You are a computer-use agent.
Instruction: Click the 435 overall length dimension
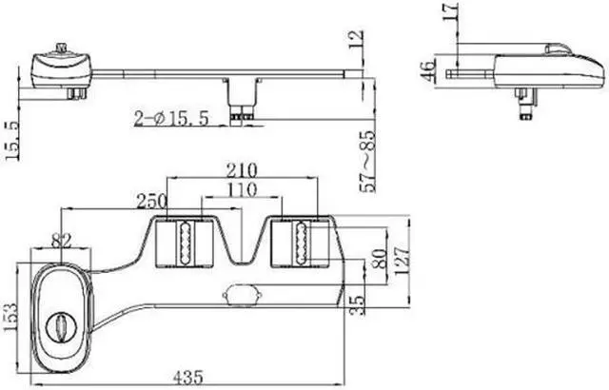click(188, 378)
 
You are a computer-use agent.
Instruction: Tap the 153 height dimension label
click(10, 317)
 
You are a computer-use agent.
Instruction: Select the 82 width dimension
click(62, 242)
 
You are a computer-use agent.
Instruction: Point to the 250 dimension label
click(152, 201)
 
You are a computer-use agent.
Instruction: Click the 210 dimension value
click(242, 170)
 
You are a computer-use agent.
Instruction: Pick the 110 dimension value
click(242, 189)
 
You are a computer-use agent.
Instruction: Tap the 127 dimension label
click(402, 261)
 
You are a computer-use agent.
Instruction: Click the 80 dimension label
click(379, 259)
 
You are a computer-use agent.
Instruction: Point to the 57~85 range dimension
click(368, 162)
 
